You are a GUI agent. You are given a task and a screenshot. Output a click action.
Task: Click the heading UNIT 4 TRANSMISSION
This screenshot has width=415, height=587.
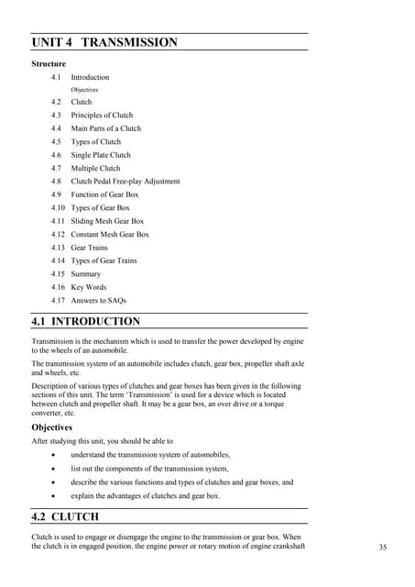click(x=104, y=43)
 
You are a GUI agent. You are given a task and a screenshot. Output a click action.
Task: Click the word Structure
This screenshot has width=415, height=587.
click(x=49, y=64)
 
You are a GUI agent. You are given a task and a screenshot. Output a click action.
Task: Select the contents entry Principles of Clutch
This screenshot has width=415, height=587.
click(x=102, y=116)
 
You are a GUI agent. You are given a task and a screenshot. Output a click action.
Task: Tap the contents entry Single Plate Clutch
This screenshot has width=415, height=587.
click(x=101, y=155)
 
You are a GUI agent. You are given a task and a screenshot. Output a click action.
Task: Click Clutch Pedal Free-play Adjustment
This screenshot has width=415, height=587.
click(x=126, y=182)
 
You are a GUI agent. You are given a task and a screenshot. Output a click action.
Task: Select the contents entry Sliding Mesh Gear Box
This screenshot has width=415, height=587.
click(x=107, y=221)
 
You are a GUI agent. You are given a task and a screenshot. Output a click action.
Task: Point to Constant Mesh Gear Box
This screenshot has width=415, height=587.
click(x=110, y=234)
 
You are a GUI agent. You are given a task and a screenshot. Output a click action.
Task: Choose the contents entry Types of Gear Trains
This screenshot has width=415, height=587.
click(x=104, y=260)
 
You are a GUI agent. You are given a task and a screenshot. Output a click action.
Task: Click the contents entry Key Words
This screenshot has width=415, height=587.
click(x=89, y=287)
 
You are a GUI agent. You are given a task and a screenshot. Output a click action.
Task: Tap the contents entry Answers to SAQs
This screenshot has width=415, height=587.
click(x=99, y=301)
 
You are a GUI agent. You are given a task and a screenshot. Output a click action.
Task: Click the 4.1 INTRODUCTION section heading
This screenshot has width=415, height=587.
click(x=86, y=322)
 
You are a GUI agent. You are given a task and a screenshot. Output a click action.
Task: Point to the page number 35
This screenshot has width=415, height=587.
click(x=383, y=548)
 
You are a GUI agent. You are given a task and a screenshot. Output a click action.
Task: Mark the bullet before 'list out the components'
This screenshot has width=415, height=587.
click(x=60, y=469)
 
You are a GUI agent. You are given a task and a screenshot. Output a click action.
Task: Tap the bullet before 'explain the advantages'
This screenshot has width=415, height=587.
click(x=60, y=495)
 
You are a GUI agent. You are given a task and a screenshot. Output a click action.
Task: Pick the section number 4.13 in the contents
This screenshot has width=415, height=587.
click(x=59, y=248)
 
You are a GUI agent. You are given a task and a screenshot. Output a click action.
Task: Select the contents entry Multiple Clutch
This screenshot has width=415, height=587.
click(x=95, y=169)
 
